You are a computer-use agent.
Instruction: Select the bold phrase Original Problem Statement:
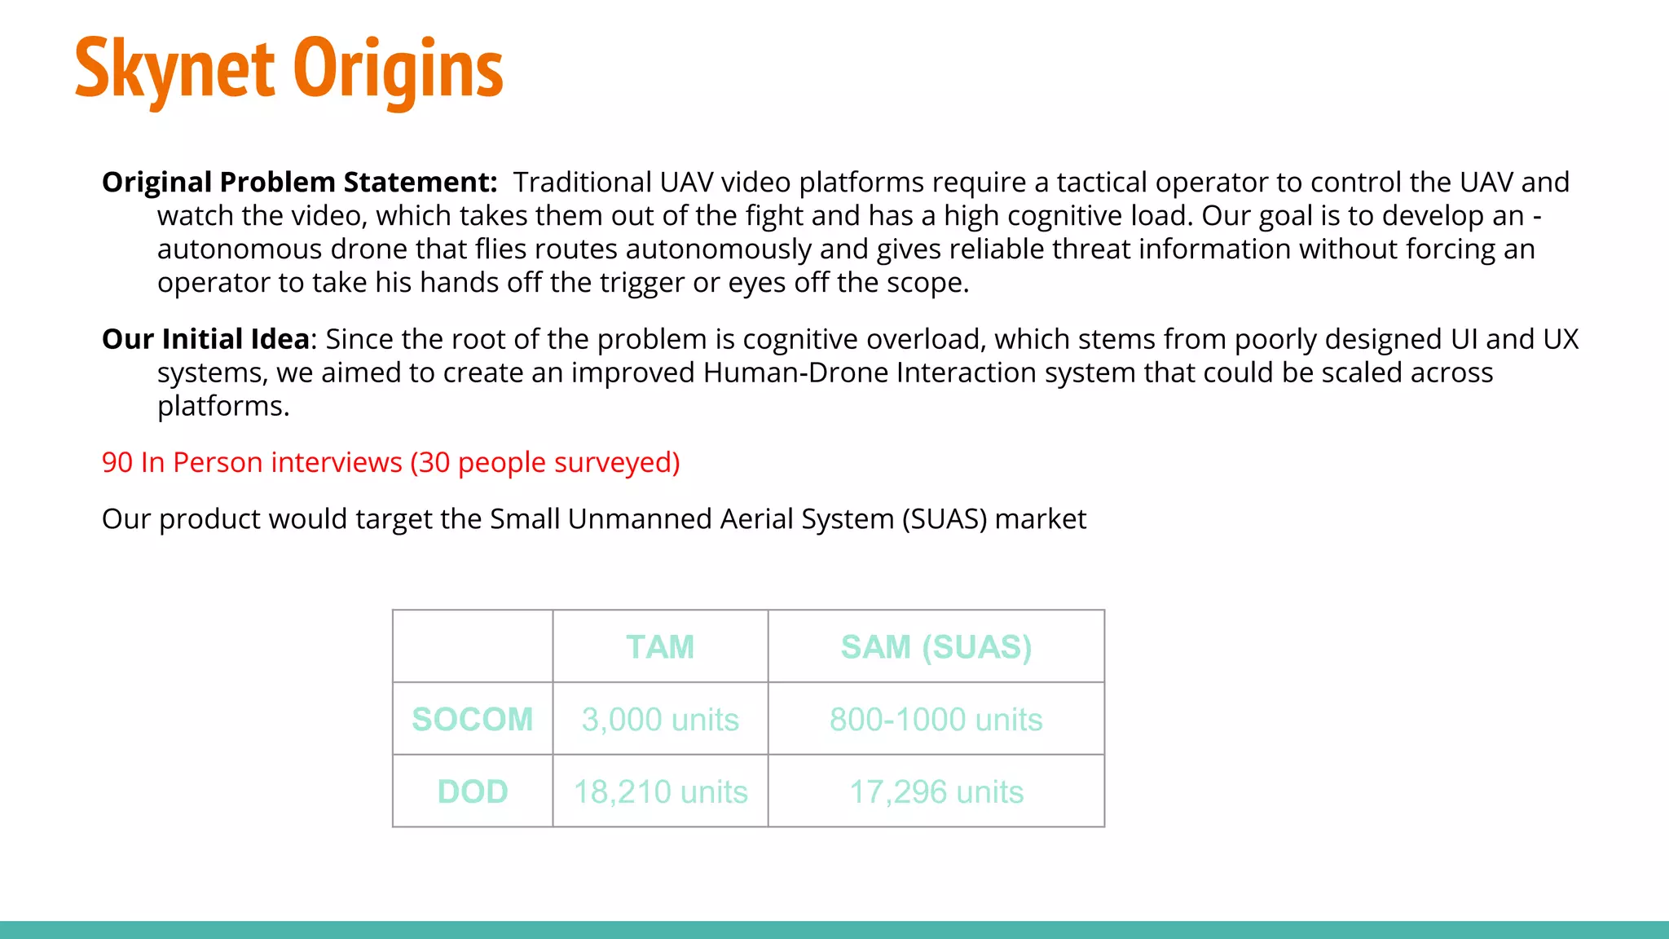click(299, 182)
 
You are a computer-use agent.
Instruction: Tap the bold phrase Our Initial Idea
click(205, 339)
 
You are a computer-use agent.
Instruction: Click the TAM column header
click(660, 647)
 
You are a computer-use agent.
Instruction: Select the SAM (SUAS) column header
click(936, 647)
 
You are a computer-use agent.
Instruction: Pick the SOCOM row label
click(473, 720)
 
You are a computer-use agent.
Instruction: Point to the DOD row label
click(473, 791)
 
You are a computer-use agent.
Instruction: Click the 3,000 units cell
click(660, 720)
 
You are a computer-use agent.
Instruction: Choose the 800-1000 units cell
click(936, 720)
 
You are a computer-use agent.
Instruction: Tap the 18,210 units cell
click(660, 791)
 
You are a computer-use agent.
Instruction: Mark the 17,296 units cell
click(936, 791)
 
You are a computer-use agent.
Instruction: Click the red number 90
click(117, 462)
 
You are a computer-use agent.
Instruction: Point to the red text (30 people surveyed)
click(544, 462)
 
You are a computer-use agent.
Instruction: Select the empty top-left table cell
click(473, 647)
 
